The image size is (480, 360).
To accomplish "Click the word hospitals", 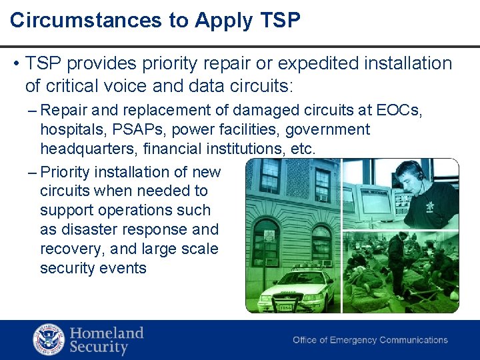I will tap(67, 129).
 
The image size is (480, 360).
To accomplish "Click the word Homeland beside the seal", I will tap(107, 332).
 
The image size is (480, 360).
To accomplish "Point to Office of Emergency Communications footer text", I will tap(370, 340).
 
